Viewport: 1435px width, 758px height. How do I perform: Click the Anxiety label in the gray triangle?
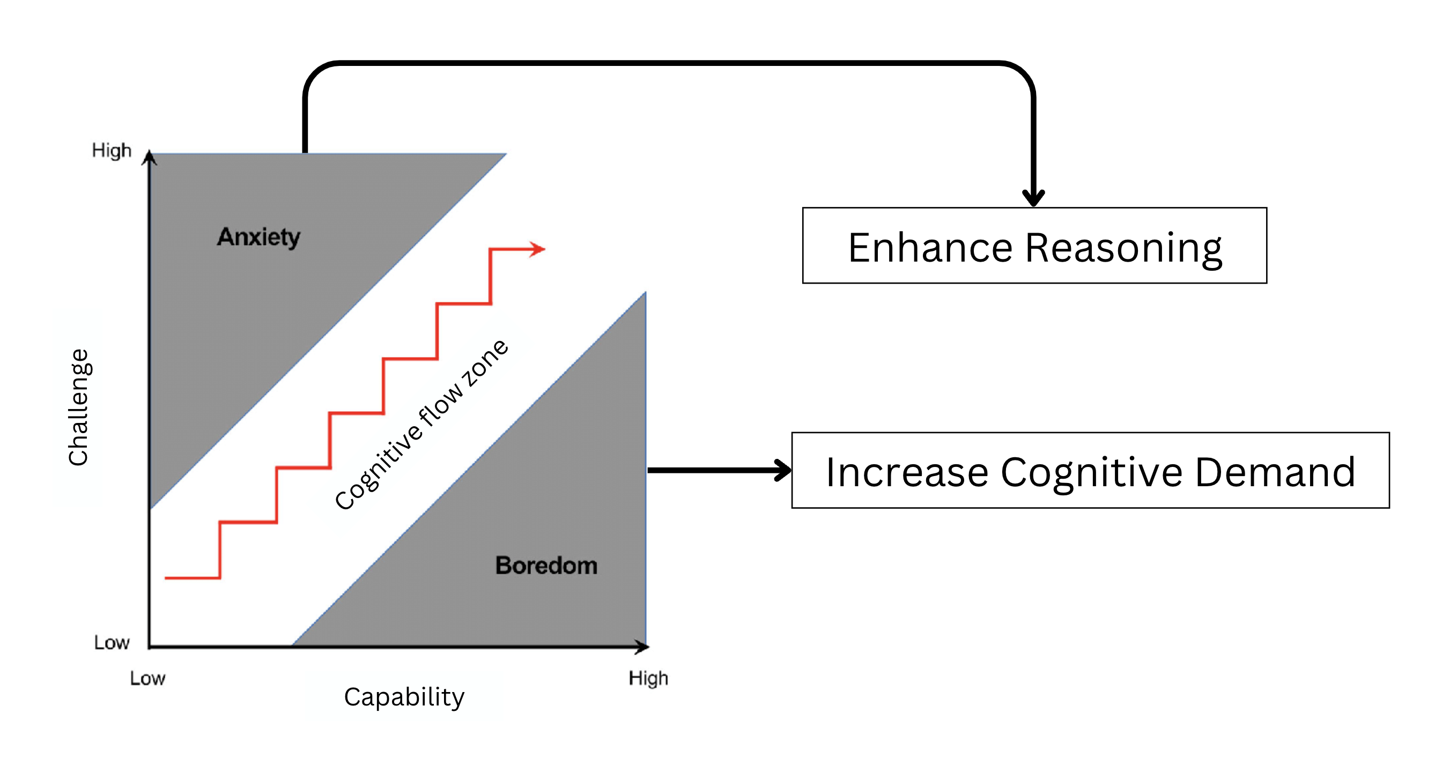[258, 237]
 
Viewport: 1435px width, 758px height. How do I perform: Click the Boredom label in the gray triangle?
[546, 566]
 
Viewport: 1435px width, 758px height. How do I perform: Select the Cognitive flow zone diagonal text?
[421, 425]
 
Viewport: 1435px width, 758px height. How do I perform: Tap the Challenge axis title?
[78, 407]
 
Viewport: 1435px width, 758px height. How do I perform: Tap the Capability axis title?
[404, 697]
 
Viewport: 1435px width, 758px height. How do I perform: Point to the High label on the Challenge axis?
[112, 151]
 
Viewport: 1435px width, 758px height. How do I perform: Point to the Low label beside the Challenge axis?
[112, 643]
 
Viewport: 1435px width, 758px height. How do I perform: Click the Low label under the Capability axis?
[147, 678]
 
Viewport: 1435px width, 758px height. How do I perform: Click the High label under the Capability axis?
[648, 678]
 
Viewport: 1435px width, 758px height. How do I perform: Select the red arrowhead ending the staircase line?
[537, 249]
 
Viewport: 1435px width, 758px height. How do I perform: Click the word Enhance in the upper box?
[930, 248]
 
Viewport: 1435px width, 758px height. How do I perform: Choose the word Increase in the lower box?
[906, 472]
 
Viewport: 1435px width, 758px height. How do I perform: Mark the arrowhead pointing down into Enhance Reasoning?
[1033, 197]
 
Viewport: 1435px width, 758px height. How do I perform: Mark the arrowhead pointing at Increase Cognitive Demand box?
[783, 470]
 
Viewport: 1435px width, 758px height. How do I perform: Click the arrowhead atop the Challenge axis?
[149, 158]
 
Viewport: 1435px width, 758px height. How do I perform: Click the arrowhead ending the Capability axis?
[642, 646]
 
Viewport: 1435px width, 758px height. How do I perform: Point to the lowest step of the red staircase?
[193, 577]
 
